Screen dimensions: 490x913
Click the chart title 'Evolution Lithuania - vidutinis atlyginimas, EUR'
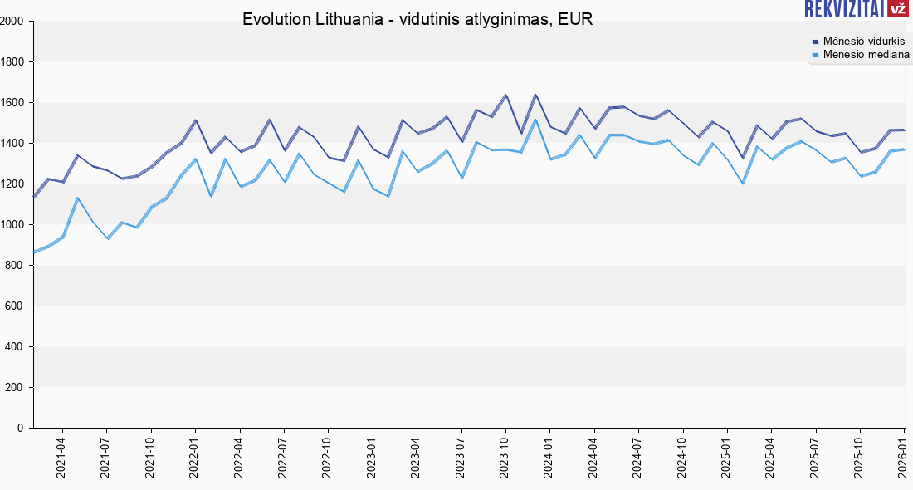point(417,19)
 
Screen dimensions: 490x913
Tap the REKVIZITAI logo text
point(842,9)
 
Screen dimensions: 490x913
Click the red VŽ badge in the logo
point(898,9)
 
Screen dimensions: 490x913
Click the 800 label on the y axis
point(17,265)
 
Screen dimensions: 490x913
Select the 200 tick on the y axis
point(17,387)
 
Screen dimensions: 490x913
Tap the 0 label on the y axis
point(21,428)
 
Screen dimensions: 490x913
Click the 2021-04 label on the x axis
point(61,458)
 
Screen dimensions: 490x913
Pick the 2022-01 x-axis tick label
point(194,458)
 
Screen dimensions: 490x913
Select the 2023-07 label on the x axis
point(460,458)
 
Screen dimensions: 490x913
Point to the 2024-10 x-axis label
point(681,458)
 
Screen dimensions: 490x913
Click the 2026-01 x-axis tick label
point(903,458)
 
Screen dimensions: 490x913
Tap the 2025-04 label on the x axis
point(770,458)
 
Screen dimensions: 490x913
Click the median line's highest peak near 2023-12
point(535,120)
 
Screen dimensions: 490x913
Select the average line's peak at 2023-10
point(505,95)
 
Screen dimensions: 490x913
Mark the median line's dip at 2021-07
point(107,238)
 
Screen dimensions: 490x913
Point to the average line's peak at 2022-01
point(195,120)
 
